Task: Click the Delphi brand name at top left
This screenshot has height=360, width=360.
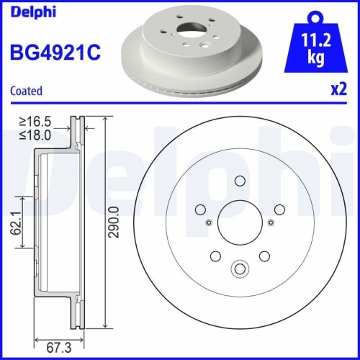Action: coord(29,11)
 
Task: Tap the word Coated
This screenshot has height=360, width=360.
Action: coord(26,91)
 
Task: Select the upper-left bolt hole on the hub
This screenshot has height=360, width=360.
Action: coord(200,209)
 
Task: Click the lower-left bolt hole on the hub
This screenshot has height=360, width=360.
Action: coord(215,254)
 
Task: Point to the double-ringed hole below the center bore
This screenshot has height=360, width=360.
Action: coord(238,270)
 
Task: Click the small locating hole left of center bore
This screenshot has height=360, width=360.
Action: coord(208,222)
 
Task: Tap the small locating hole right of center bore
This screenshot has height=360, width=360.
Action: coord(269,222)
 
